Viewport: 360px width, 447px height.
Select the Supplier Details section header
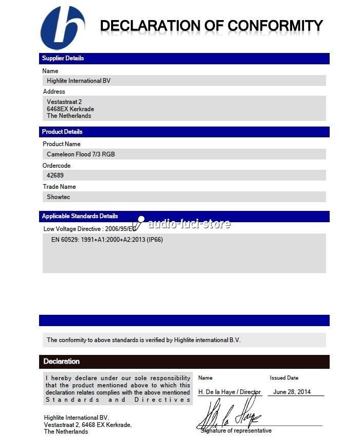click(63, 58)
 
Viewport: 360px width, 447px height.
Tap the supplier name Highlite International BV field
click(79, 81)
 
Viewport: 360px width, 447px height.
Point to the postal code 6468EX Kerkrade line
click(70, 109)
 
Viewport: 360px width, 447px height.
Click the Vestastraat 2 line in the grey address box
click(64, 102)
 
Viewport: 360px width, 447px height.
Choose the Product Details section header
click(62, 132)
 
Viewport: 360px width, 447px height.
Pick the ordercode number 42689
click(55, 175)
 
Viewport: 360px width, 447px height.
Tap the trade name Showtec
click(58, 197)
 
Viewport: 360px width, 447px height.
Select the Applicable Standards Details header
click(80, 216)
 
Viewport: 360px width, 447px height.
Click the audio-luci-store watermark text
click(189, 224)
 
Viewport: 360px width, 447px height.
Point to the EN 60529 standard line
click(107, 240)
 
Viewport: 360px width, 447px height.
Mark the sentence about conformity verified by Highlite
click(143, 340)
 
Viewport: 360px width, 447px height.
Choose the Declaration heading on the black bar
click(61, 362)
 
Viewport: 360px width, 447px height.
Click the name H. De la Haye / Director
click(229, 392)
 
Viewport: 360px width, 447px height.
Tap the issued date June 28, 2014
click(292, 392)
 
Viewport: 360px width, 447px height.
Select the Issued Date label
click(284, 378)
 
